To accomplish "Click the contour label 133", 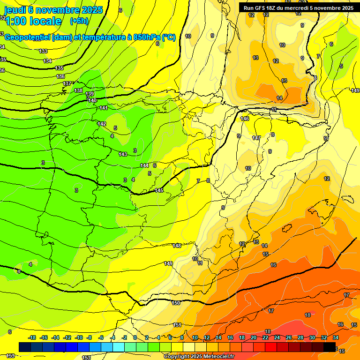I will click(x=43, y=51).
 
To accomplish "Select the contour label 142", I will click(x=102, y=124).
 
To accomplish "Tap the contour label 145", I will click(x=159, y=190).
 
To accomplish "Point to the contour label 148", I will click(x=177, y=246).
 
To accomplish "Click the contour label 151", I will click(x=177, y=325).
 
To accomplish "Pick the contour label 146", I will click(x=245, y=119).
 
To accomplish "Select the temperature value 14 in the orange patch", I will click(x=279, y=98).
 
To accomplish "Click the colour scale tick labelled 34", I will click(x=336, y=337).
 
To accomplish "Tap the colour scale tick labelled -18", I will click(x=32, y=337).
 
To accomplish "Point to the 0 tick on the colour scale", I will click(x=135, y=337).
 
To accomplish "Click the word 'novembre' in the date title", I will click(x=57, y=10).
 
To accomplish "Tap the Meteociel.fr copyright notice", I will click(x=199, y=356).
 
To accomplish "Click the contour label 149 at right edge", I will click(x=355, y=90).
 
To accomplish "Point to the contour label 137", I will click(x=67, y=83).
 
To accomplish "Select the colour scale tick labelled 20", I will click(x=253, y=337).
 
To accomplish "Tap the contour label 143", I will click(x=123, y=154).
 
